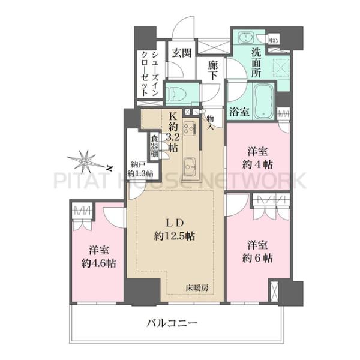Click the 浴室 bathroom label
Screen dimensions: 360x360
tap(239, 110)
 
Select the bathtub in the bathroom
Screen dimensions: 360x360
tap(262, 101)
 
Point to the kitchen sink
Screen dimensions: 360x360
tap(190, 163)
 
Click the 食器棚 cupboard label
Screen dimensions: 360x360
tap(154, 146)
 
